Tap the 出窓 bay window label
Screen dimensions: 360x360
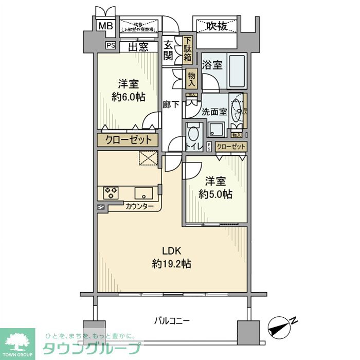coord(138,47)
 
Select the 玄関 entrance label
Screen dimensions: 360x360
coord(168,50)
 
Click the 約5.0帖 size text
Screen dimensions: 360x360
coord(215,194)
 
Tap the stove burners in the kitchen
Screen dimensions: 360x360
coord(111,193)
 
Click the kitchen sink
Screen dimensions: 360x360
coord(143,193)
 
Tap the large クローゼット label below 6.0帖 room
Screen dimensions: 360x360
coord(129,140)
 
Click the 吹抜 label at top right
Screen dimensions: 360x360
coord(217,26)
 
